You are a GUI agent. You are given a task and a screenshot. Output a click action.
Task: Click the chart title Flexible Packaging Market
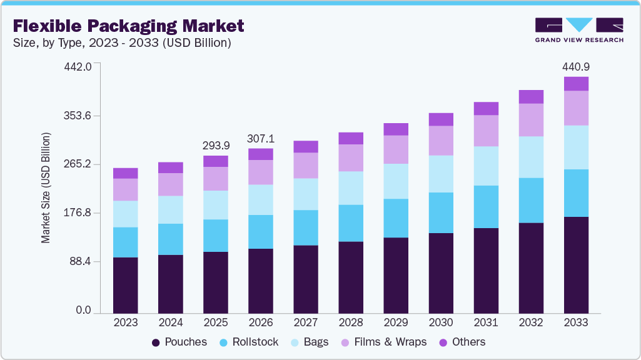coord(128,26)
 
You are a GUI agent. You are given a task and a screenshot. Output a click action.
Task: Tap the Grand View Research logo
coord(578,30)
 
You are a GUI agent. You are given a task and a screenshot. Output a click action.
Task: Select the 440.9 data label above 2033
coord(576,67)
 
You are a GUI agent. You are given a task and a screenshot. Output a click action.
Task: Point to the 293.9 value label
coord(216,146)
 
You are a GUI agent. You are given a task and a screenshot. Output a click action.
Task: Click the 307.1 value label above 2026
coord(261,138)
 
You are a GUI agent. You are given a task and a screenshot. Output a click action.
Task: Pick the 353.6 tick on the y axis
coord(78,116)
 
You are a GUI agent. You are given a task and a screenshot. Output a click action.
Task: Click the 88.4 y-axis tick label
coord(81,261)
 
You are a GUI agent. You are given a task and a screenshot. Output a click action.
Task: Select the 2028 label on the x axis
coord(351,322)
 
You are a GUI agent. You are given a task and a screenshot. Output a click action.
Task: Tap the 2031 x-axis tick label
coord(486,322)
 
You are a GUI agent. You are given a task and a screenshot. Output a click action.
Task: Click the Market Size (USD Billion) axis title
coord(46,188)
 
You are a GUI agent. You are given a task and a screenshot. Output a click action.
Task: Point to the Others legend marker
coord(443,342)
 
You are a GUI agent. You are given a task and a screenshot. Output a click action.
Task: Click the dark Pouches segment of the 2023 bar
coord(126,284)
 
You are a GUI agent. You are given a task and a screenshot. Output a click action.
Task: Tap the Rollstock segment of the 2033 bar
coord(576,193)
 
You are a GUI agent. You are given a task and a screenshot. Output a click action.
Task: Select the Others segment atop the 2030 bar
coord(441,119)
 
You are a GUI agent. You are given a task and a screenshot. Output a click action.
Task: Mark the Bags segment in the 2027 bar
coord(306,194)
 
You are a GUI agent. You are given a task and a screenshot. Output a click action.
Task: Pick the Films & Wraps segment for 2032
coord(531,120)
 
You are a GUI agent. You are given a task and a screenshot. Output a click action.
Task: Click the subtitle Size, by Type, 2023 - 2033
coord(122,43)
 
